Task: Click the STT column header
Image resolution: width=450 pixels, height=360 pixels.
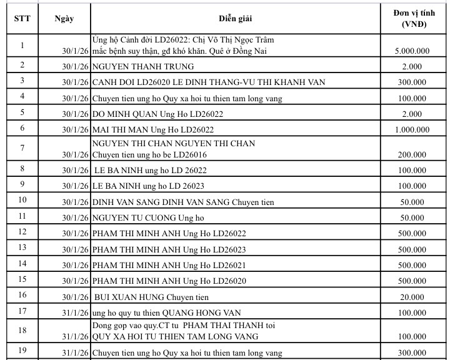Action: pyautogui.click(x=19, y=18)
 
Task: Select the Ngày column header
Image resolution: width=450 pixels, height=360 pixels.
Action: pyautogui.click(x=64, y=18)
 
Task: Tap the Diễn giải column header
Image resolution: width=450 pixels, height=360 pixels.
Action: pyautogui.click(x=236, y=18)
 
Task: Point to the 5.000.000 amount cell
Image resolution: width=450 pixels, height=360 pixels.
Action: pyautogui.click(x=412, y=50)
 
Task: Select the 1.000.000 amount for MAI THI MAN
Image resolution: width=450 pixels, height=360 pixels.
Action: pyautogui.click(x=412, y=129)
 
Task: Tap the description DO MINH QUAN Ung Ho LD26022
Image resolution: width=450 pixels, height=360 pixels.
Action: pyautogui.click(x=157, y=114)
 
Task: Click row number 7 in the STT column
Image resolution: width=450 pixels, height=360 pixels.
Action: pyautogui.click(x=22, y=147)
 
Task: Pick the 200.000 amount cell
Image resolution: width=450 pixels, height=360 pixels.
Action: pyautogui.click(x=412, y=155)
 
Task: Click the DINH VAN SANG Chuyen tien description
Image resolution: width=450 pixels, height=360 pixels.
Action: pyautogui.click(x=183, y=202)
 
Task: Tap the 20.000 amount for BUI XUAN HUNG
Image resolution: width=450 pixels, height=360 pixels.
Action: pyautogui.click(x=412, y=296)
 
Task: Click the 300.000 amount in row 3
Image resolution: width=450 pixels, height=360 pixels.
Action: pyautogui.click(x=412, y=82)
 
